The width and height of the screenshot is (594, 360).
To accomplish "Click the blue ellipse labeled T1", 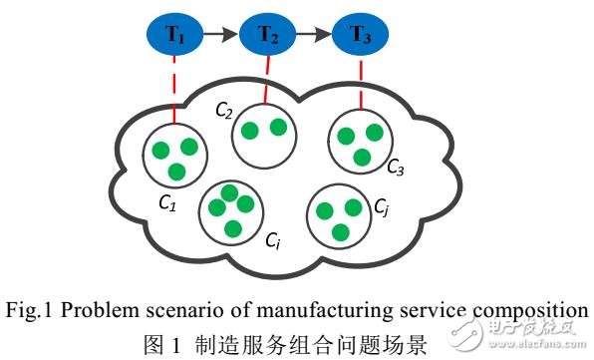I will tap(175, 35).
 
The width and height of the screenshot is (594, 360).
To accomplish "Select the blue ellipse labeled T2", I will tap(266, 35).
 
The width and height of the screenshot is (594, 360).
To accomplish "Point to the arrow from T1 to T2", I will tap(221, 35).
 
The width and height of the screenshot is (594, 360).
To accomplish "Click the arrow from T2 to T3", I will tap(313, 35).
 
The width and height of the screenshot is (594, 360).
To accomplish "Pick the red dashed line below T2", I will tap(266, 79).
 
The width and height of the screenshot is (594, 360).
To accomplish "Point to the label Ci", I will tap(272, 240).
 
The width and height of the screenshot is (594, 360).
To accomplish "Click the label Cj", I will tap(382, 206).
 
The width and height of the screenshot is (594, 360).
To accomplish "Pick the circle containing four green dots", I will tap(230, 210).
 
